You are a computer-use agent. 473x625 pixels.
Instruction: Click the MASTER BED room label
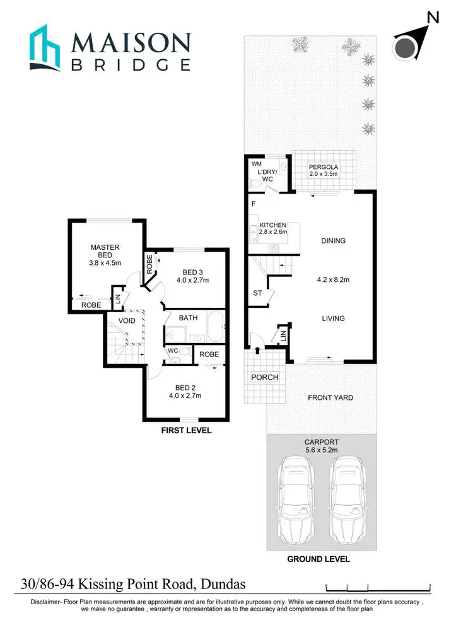pos(105,252)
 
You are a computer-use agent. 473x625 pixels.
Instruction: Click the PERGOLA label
pos(323,166)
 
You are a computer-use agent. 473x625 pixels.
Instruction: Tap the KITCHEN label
pos(273,225)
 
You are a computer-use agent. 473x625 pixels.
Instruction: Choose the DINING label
pos(333,240)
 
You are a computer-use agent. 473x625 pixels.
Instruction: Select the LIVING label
pos(333,318)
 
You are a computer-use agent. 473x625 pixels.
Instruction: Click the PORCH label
pos(264,377)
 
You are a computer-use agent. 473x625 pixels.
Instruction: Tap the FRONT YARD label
pos(330,397)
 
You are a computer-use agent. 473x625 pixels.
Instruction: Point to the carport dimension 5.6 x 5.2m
pos(322,451)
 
